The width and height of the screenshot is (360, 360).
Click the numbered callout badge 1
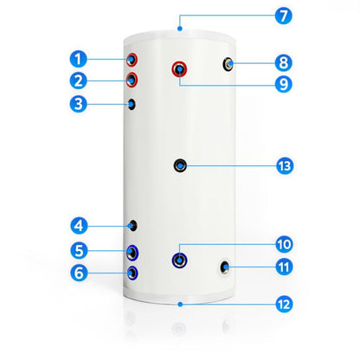pos(78,59)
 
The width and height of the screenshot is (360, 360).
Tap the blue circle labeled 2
pos(78,80)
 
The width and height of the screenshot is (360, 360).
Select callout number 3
pos(78,104)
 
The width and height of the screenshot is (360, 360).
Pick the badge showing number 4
pos(79,226)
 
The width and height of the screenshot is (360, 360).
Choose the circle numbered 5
pos(79,250)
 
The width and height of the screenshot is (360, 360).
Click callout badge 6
pos(79,273)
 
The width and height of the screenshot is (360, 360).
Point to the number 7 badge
pos(284,16)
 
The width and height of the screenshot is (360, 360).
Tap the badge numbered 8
pos(284,63)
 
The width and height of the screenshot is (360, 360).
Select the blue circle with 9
pos(284,84)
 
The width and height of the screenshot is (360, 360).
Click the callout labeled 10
pos(284,244)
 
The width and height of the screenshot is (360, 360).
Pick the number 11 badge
pos(284,267)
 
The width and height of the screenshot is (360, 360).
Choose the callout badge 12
pos(284,305)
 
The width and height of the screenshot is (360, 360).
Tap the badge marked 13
pos(285,166)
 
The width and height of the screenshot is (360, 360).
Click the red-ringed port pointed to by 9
pos(179,69)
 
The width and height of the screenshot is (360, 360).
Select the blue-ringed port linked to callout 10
pos(179,260)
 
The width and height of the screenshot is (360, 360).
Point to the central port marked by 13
pos(180,165)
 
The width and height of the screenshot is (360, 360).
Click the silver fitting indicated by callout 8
pos(228,64)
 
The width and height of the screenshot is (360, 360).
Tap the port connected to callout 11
pos(225,267)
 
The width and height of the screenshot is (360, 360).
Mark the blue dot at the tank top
pos(180,29)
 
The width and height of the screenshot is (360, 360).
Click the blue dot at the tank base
pos(180,305)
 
